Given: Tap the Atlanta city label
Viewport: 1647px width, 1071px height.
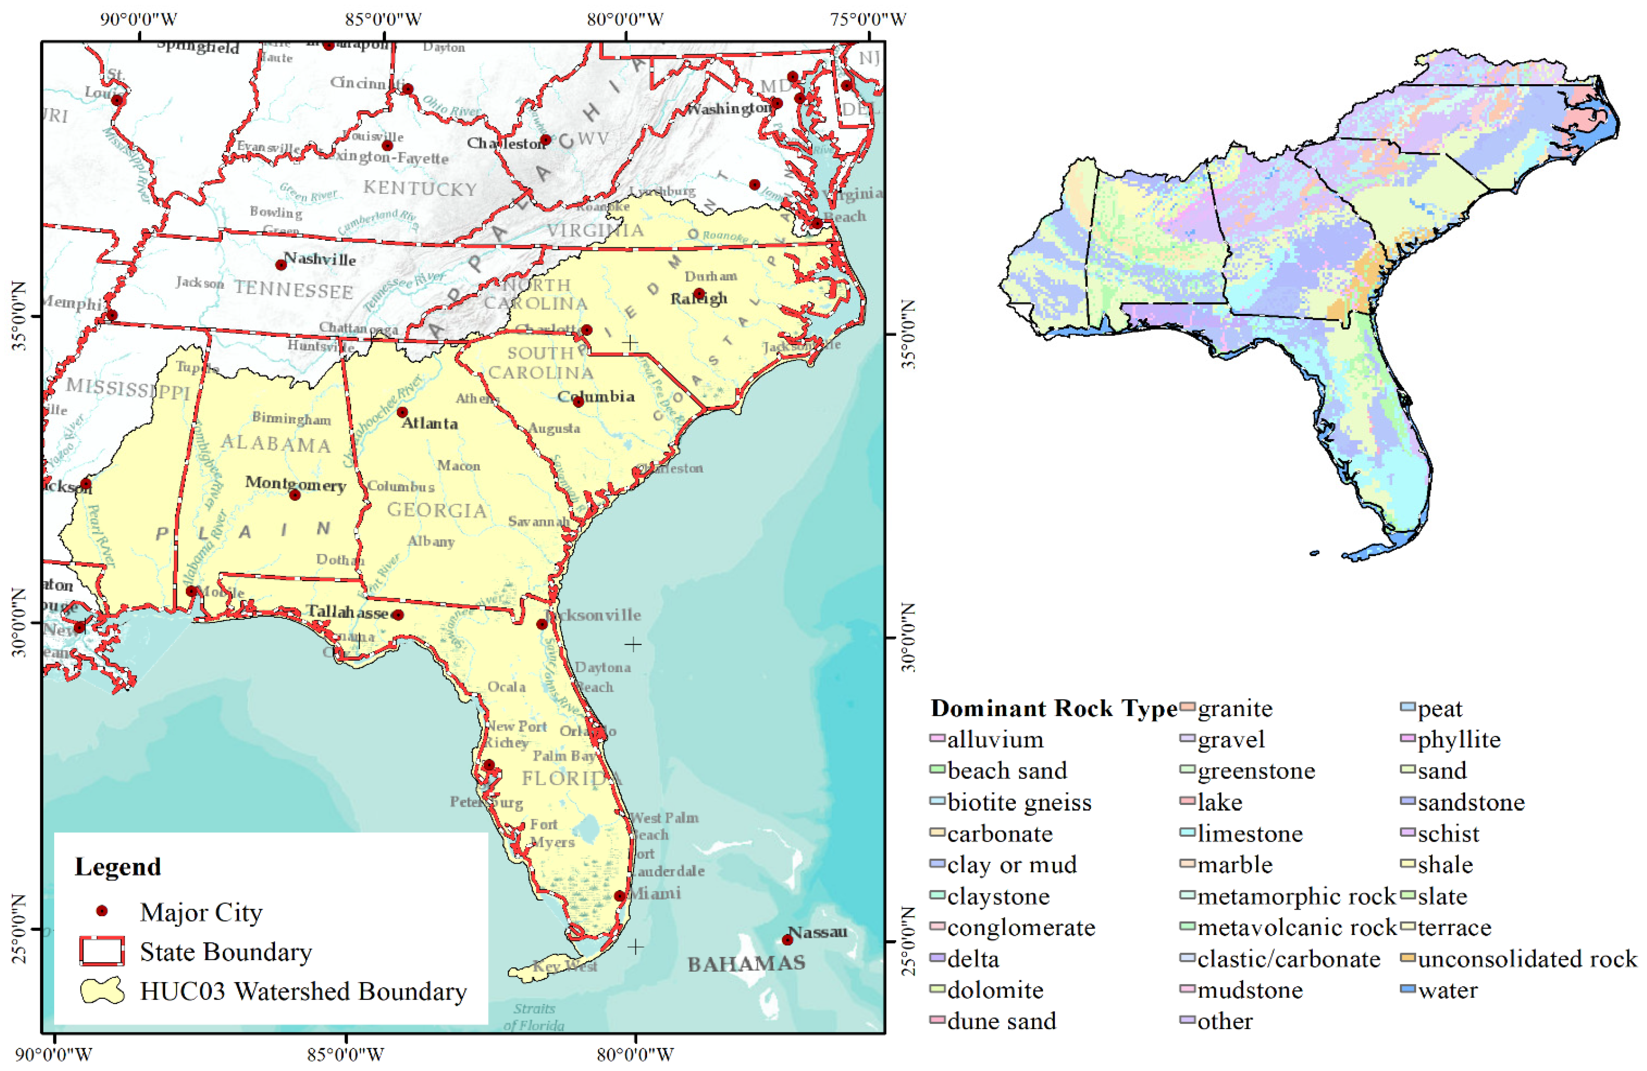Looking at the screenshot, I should click(x=430, y=423).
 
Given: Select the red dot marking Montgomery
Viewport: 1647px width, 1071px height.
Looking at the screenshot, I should click(x=295, y=494).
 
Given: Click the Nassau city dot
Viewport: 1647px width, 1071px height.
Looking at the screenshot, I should click(x=787, y=939).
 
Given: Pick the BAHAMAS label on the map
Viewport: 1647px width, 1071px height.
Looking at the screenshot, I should click(x=746, y=963).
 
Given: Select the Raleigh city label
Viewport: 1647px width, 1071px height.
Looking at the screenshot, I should click(x=699, y=298).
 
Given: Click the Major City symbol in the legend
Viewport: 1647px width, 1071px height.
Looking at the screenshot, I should click(x=102, y=911).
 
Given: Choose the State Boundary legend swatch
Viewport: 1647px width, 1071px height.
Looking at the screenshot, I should click(x=102, y=951).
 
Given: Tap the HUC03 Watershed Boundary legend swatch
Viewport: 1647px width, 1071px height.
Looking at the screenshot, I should click(x=102, y=991).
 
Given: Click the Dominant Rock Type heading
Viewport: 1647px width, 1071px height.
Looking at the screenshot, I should click(x=1053, y=708).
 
